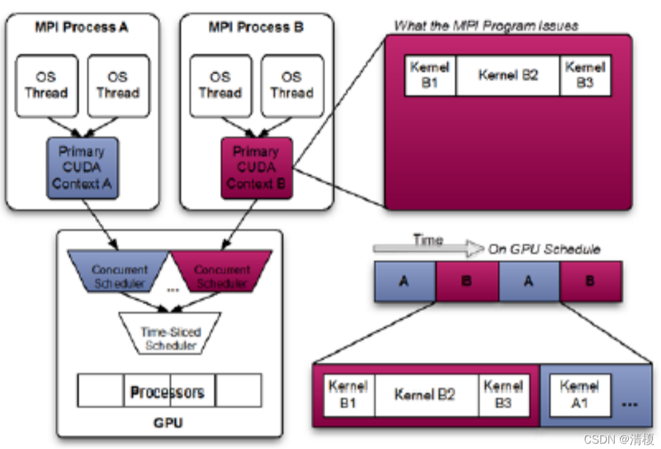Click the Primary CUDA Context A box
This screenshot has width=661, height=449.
[82, 168]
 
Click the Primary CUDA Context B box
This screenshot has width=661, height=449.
[256, 168]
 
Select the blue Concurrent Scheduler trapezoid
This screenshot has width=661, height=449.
[119, 275]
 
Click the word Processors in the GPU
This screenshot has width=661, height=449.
[168, 391]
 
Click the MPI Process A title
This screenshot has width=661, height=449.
[82, 27]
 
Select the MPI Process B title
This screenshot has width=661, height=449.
[256, 27]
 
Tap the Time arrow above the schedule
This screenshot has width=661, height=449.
[428, 246]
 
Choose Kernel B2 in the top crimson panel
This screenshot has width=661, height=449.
[507, 75]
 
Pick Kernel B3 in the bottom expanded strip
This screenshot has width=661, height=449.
[503, 395]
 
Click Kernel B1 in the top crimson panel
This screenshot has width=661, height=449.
[429, 75]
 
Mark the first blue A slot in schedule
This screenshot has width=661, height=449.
[405, 281]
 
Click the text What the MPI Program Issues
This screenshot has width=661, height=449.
[486, 26]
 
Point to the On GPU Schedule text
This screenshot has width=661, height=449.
[544, 249]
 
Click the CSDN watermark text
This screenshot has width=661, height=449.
[618, 439]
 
